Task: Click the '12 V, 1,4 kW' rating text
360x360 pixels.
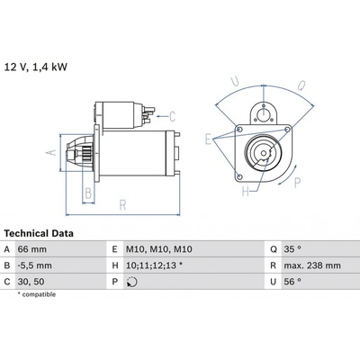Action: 35,67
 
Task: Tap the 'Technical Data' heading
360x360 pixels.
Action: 39,233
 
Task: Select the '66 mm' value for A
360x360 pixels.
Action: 32,249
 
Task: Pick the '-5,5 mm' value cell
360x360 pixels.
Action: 34,265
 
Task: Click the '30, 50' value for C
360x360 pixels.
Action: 31,282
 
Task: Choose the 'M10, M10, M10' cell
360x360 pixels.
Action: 159,249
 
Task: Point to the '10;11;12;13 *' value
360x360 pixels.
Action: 154,265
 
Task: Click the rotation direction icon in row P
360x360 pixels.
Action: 132,282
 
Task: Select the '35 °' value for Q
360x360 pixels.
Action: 292,249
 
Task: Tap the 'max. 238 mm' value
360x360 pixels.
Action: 312,265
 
